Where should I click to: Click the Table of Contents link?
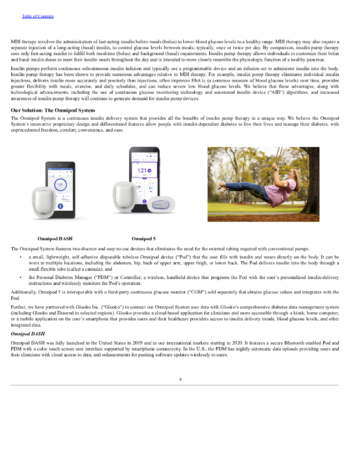click(x=38, y=16)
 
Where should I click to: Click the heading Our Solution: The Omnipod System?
click(x=53, y=110)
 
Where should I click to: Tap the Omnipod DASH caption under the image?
click(x=55, y=238)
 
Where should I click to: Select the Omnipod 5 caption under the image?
click(x=143, y=238)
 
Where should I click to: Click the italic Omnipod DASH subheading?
click(x=28, y=334)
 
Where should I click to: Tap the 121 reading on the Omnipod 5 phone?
click(x=142, y=171)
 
